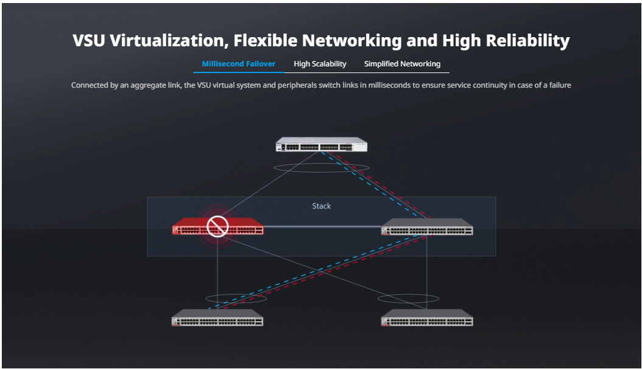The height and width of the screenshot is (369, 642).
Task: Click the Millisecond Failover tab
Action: point(239,64)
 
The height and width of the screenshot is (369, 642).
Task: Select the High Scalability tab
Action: point(320,64)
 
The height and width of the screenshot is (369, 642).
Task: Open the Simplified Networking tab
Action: point(402,64)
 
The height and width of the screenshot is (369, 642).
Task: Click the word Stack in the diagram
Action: point(322,206)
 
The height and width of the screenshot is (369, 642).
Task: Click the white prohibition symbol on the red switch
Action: point(217,227)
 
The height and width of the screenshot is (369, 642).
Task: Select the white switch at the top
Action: point(322,144)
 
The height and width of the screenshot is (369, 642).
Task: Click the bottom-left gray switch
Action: point(217,318)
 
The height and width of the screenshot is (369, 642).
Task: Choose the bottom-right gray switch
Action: point(427,318)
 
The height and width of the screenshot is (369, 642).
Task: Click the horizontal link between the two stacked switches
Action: point(322,227)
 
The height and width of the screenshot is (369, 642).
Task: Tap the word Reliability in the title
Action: point(527,41)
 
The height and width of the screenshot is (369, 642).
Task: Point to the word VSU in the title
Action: point(89,41)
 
